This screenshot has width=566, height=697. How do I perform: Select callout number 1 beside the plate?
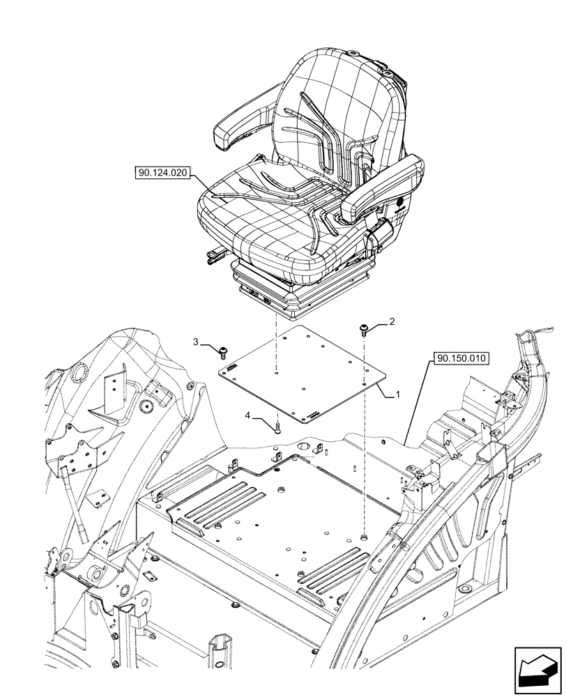pos(397,395)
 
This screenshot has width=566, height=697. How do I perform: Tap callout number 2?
pos(392,321)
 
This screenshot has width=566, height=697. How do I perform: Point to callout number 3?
pos(197,342)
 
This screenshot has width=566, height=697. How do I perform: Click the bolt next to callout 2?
pos(364,328)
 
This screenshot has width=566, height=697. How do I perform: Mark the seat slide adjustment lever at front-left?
pos(211,260)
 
